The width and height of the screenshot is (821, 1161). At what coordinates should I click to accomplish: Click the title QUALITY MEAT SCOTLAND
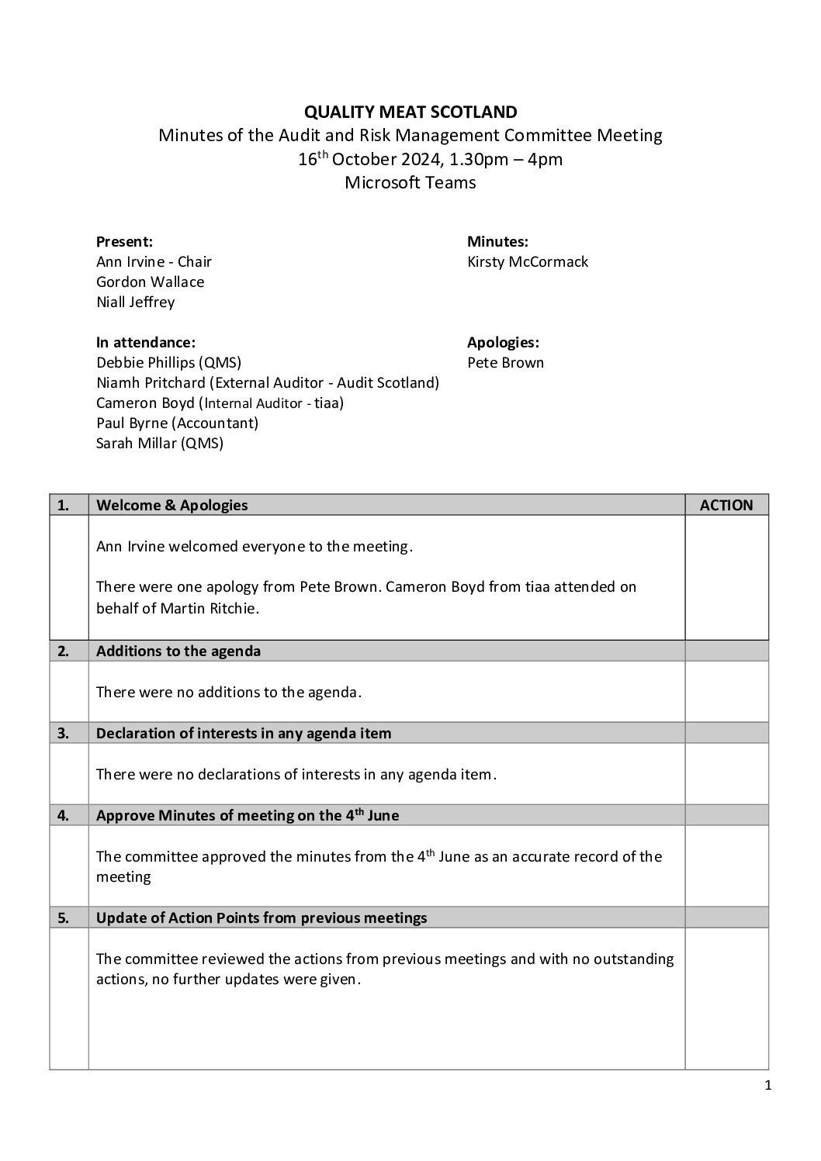click(410, 112)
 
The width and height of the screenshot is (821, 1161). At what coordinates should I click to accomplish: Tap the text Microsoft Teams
click(410, 183)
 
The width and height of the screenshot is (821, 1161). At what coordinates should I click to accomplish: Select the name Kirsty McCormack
click(528, 262)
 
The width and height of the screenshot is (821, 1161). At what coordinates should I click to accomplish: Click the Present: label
click(124, 242)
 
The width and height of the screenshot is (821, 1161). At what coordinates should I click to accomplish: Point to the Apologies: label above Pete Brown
click(503, 343)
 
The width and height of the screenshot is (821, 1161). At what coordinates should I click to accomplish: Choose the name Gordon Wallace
click(151, 282)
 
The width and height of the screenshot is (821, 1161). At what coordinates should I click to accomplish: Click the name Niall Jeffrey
click(136, 302)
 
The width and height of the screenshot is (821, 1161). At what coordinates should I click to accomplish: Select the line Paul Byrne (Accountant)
click(177, 423)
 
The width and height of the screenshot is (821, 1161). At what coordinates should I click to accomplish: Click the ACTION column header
click(726, 506)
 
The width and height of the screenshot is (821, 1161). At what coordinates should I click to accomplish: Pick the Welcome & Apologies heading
click(172, 506)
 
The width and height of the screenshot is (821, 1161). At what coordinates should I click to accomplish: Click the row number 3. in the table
click(63, 734)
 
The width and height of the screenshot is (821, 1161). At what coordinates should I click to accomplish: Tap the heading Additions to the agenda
click(178, 651)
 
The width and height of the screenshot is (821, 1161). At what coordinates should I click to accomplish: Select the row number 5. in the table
click(63, 918)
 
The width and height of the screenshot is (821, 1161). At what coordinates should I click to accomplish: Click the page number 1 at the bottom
click(767, 1086)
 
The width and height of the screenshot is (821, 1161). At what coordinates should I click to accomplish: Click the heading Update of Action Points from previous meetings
click(262, 918)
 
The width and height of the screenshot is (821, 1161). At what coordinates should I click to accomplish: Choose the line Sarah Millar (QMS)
click(160, 444)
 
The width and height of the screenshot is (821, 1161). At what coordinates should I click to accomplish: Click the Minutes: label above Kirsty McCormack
click(497, 242)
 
